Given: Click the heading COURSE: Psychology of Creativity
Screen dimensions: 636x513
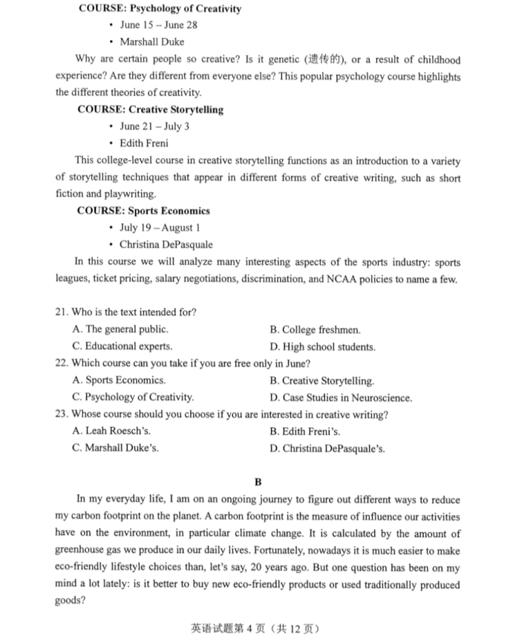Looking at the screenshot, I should pos(159,9).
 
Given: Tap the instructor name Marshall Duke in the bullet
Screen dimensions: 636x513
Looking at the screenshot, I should pos(151,42).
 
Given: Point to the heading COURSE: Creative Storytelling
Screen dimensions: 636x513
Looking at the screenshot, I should pos(150,110).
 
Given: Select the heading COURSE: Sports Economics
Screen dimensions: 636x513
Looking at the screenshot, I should pos(143,211).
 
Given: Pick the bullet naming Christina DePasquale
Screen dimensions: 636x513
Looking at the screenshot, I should pos(166,244).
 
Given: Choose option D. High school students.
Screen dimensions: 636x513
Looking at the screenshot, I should pos(322,347).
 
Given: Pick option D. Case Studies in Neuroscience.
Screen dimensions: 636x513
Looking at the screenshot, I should pos(341,397).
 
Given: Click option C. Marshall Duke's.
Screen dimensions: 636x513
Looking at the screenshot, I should pos(115,448).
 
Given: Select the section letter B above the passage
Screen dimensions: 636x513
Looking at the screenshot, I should pos(258,482).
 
